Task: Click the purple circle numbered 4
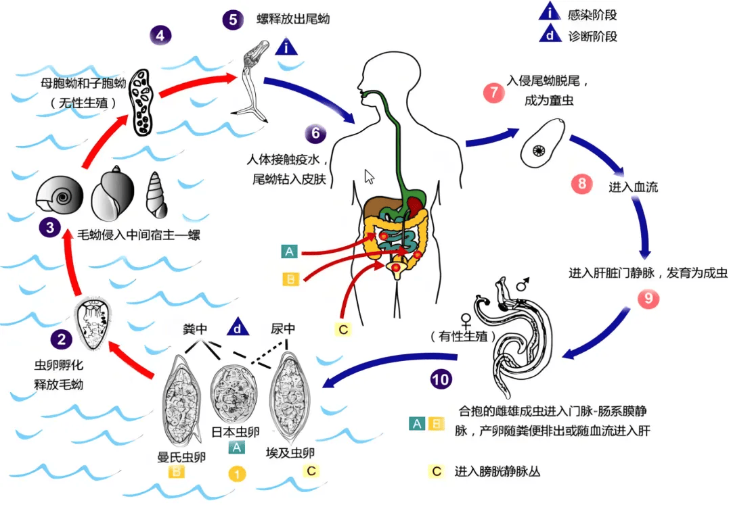[160, 34]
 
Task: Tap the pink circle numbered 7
[493, 93]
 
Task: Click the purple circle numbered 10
[440, 379]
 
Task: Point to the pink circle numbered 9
[646, 297]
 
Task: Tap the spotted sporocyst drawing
[143, 101]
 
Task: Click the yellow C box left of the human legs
[342, 329]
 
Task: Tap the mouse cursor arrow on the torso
[370, 177]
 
